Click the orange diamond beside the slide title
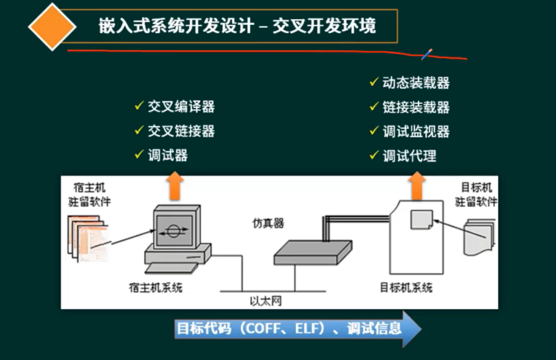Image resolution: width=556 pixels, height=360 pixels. [52, 27]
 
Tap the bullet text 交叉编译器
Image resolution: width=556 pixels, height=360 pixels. [181, 107]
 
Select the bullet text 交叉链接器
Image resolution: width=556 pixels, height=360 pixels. [181, 131]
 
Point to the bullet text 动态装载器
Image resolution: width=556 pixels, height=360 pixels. [416, 83]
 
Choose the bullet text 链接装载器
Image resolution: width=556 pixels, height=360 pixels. [416, 107]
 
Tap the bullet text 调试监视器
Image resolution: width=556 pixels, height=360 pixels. [416, 131]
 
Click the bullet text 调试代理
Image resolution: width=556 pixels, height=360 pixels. [409, 156]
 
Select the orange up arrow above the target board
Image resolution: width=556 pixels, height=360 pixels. [416, 186]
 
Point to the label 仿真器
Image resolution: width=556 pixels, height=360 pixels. [268, 223]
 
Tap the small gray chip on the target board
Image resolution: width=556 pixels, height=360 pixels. [421, 220]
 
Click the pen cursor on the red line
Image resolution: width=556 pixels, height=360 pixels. [427, 54]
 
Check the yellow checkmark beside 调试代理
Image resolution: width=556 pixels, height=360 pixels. [374, 155]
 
